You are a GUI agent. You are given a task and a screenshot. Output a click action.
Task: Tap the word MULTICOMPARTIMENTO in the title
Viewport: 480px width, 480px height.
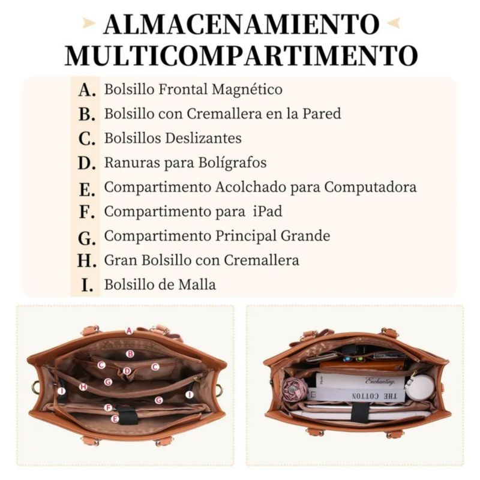[x=241, y=55]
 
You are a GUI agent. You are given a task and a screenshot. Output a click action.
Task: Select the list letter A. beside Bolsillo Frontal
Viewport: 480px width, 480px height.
[x=86, y=90]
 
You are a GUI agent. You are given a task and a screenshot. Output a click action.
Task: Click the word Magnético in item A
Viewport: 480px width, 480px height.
[x=247, y=89]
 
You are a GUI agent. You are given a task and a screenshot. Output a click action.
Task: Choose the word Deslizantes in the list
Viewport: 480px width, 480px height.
[x=203, y=138]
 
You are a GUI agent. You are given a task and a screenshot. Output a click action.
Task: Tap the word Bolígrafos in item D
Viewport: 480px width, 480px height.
[x=232, y=163]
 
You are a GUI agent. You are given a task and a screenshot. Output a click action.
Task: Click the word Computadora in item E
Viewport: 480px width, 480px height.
[x=370, y=187]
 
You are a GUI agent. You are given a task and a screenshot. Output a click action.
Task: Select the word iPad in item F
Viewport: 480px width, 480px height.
[x=268, y=211]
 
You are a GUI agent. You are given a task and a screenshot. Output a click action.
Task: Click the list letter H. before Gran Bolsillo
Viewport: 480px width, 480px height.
[x=86, y=261]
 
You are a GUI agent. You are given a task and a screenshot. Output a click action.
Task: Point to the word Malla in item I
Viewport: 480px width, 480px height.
[x=197, y=284]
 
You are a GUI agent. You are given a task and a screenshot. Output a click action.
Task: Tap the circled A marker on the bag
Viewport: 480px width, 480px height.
[x=129, y=331]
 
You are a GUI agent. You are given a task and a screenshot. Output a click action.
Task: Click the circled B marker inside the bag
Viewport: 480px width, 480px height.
[x=130, y=354]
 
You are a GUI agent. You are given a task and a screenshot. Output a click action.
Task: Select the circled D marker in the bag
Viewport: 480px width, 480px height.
[x=127, y=371]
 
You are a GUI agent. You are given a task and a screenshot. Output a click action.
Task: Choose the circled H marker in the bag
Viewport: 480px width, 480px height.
[x=83, y=387]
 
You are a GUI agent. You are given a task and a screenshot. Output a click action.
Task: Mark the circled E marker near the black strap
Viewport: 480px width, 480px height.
[x=115, y=419]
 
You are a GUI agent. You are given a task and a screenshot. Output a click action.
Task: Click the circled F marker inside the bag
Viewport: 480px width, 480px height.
[x=108, y=408]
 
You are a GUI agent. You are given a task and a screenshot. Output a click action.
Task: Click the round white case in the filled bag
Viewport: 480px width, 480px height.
[x=419, y=386]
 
